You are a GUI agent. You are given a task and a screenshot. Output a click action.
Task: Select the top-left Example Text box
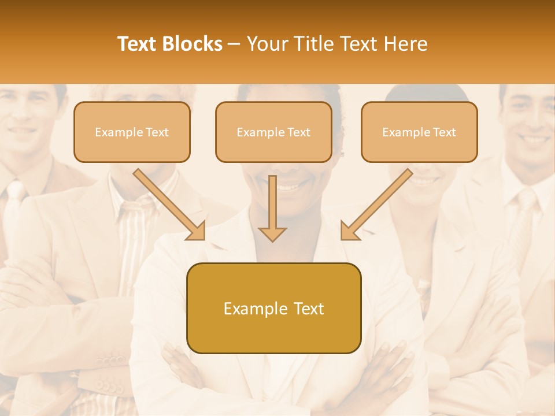tap(132, 132)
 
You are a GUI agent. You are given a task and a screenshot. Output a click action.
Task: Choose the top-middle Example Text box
tap(273, 132)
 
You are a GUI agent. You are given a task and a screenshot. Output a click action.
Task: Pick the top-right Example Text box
tap(419, 132)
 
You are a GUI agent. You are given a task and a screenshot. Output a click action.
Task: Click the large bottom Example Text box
tap(273, 309)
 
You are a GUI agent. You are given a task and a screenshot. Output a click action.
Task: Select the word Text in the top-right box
tap(444, 132)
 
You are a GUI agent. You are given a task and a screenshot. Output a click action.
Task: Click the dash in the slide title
tap(234, 44)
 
